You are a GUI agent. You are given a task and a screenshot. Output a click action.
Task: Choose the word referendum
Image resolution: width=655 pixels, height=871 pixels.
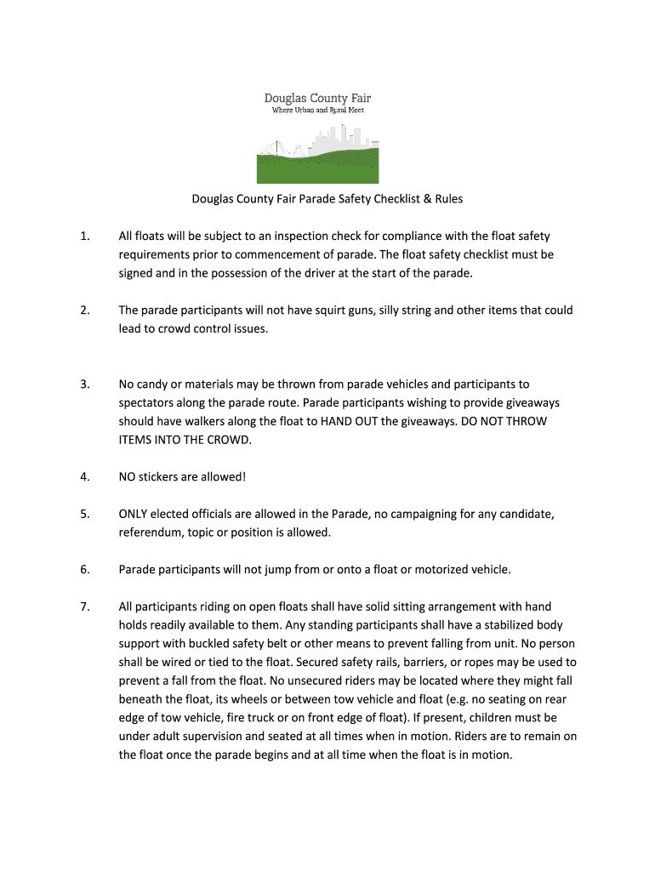(x=150, y=532)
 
